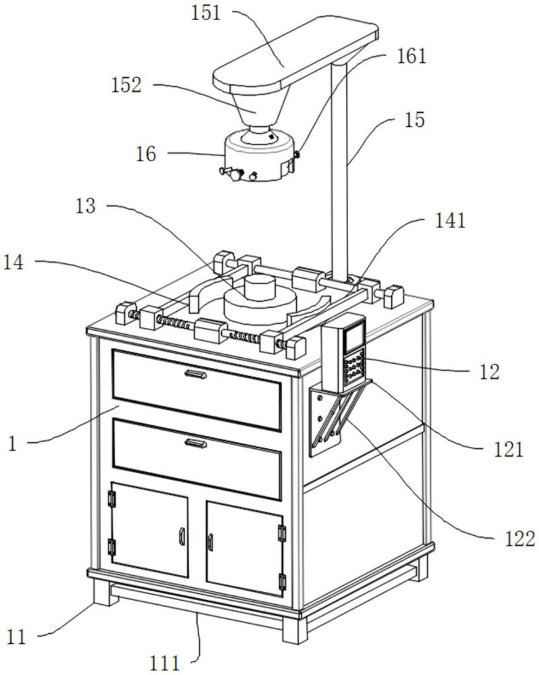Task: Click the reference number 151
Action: (x=206, y=13)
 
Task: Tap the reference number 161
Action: (x=412, y=56)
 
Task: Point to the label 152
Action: (x=126, y=85)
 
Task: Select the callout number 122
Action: (x=519, y=539)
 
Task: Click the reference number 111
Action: (x=165, y=663)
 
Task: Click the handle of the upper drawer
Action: (x=196, y=374)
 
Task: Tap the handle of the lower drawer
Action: (x=196, y=443)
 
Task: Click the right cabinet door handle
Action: (x=210, y=541)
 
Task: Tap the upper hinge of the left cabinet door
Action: (x=113, y=499)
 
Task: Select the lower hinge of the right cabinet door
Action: (x=282, y=582)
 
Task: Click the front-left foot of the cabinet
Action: (x=106, y=592)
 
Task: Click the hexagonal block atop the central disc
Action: (x=258, y=288)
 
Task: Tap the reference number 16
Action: (x=146, y=154)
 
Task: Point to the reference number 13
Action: (x=85, y=206)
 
